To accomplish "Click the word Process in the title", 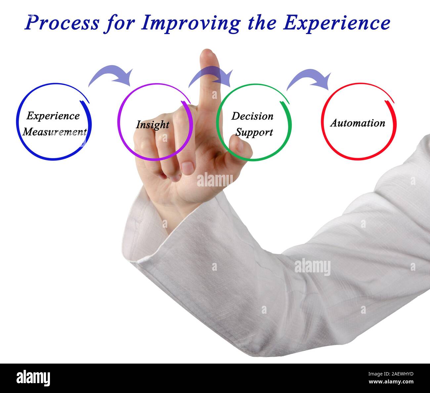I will click(62, 23).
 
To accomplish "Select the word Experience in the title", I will click(336, 23).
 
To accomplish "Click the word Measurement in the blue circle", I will click(55, 132).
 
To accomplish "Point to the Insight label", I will click(152, 125).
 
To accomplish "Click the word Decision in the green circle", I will click(252, 116).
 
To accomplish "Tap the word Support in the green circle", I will click(254, 133).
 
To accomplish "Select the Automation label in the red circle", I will click(358, 123).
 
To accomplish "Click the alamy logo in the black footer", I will click(33, 378).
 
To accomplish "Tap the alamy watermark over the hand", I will click(215, 180).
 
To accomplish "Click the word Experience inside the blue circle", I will click(53, 116).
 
